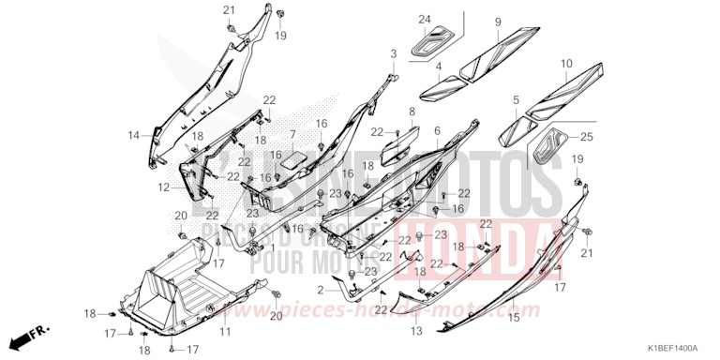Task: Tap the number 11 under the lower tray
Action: click(x=225, y=333)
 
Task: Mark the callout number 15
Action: click(x=513, y=319)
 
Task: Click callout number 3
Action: click(x=394, y=53)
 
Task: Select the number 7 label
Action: click(x=292, y=135)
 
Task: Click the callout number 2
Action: click(x=320, y=291)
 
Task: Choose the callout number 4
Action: click(x=438, y=67)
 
